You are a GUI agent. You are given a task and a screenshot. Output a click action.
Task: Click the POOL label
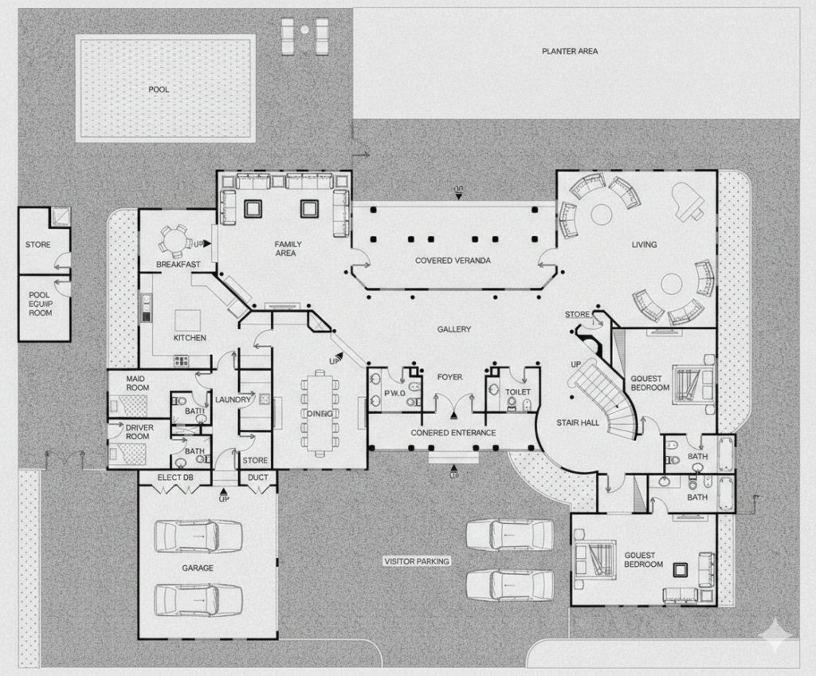159,89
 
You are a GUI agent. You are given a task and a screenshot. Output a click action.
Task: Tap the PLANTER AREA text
570,51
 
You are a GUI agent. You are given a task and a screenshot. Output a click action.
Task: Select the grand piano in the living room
687,201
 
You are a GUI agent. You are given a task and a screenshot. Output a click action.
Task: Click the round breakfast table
175,240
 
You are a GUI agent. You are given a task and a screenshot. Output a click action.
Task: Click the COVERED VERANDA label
453,261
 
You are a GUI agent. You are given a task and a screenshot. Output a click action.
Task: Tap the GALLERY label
454,329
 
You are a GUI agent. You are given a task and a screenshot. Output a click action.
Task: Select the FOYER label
449,377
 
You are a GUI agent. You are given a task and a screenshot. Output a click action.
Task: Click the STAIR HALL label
578,422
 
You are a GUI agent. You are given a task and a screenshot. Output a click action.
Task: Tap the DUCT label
258,478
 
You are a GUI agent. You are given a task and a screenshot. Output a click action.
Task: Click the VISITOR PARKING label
417,561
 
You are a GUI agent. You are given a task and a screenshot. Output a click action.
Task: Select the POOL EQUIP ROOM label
40,304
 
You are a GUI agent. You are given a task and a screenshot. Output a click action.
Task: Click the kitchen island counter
188,320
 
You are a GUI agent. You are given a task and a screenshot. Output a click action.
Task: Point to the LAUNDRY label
233,399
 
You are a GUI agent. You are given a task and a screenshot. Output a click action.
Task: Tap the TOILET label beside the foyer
518,392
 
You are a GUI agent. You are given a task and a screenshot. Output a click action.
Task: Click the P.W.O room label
395,393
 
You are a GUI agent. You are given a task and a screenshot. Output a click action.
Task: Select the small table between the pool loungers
304,30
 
